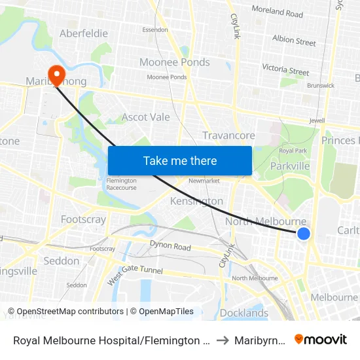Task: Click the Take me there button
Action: click(x=180, y=160)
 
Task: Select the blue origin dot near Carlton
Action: click(x=304, y=234)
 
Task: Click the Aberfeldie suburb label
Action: click(x=83, y=33)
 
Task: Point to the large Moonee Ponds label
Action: click(x=175, y=62)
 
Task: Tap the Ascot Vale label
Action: click(x=146, y=117)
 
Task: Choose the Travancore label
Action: click(x=228, y=135)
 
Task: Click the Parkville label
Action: click(x=290, y=166)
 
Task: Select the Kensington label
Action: click(x=196, y=201)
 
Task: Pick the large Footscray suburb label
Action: click(x=83, y=219)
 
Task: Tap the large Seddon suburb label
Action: click(x=61, y=261)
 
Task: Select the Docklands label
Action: click(x=243, y=313)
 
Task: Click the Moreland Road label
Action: click(x=278, y=12)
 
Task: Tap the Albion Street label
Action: click(x=294, y=41)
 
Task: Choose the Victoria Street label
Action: click(x=285, y=69)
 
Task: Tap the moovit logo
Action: click(x=321, y=339)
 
